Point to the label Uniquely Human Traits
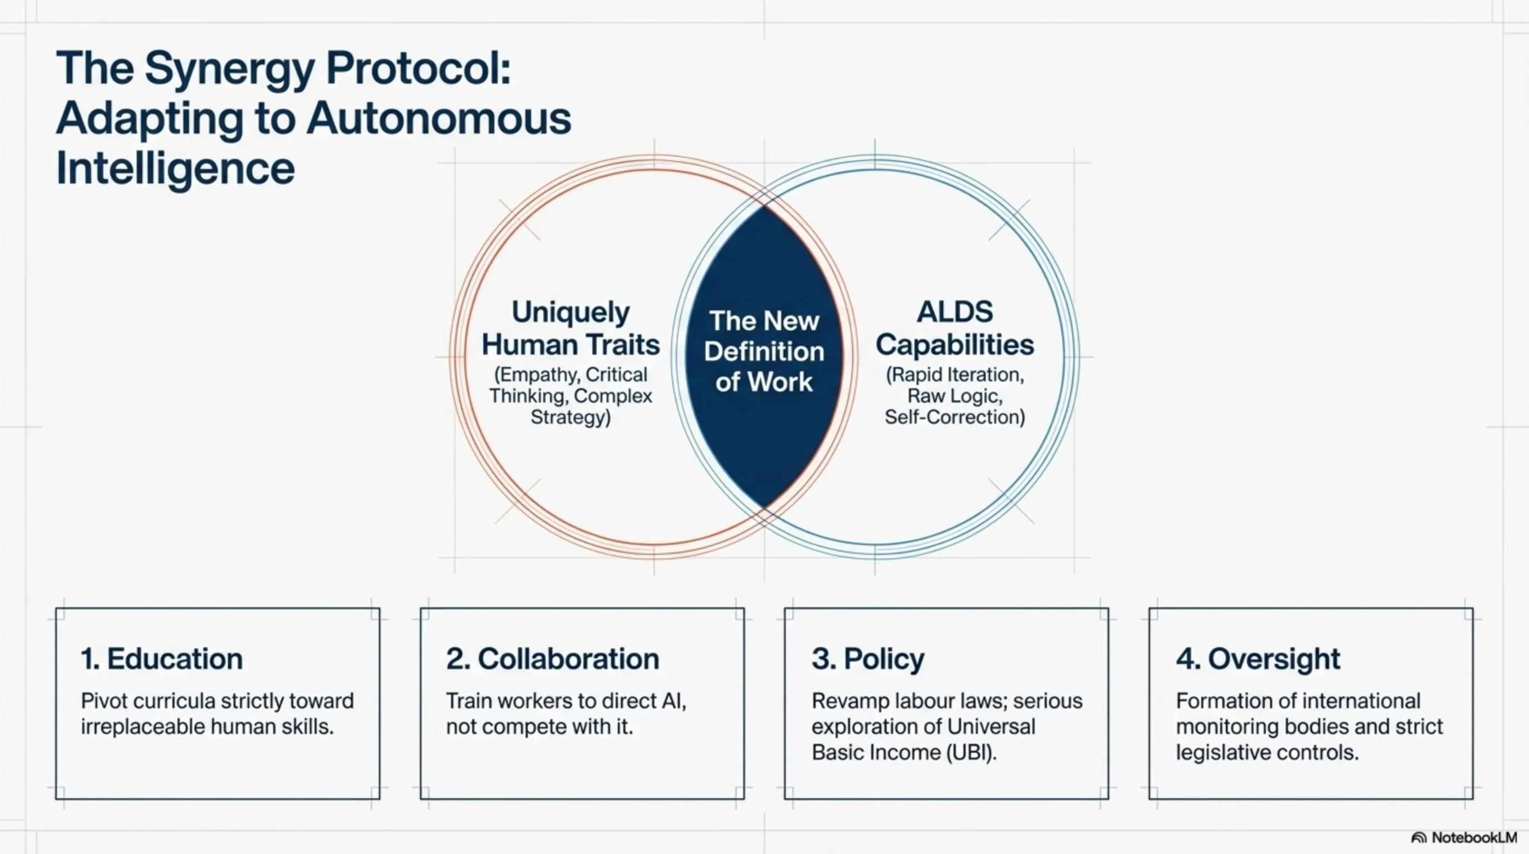(x=571, y=328)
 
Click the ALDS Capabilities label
(x=955, y=328)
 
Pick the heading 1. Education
(x=162, y=659)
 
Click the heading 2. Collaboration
(x=553, y=659)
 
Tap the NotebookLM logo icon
(x=1418, y=838)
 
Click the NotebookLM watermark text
(x=1475, y=837)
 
